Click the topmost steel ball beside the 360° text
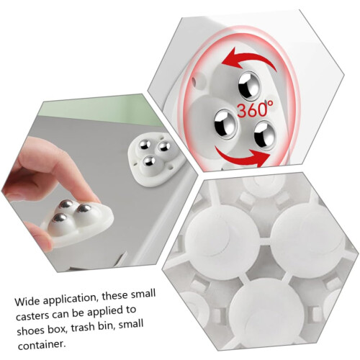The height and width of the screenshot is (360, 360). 250,86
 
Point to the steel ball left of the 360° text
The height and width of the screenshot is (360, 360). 225,124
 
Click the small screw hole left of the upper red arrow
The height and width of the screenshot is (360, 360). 196,80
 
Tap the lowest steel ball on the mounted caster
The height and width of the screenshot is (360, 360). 149,162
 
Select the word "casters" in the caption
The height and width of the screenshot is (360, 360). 32,316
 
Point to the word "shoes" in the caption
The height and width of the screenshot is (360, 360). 31,330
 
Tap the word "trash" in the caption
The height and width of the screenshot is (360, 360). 84,327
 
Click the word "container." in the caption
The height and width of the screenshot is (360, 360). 42,345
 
